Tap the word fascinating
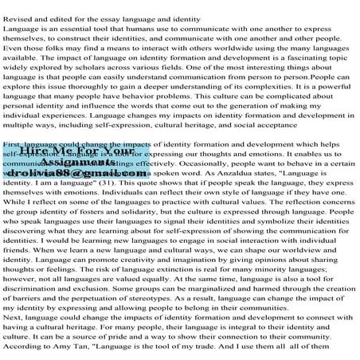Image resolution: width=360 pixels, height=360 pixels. [x=284, y=68]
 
